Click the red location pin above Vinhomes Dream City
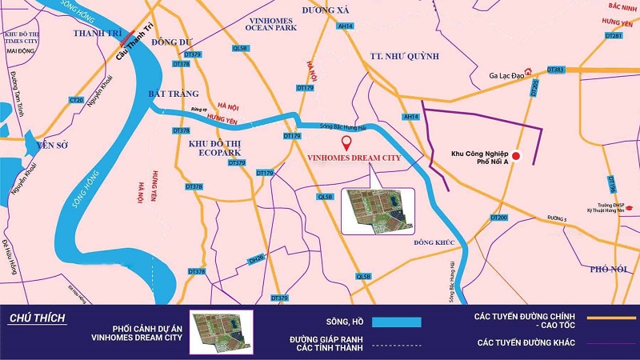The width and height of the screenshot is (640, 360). (346, 143)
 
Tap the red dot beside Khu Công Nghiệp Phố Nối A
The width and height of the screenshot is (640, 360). (516, 156)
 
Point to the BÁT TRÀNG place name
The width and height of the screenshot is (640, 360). (172, 94)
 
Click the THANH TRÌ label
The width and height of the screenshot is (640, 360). (95, 33)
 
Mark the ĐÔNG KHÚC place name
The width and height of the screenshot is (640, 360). (434, 242)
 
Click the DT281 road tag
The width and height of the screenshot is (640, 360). (614, 36)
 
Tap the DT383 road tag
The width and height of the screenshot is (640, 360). (556, 70)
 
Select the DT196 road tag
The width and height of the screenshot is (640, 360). (612, 185)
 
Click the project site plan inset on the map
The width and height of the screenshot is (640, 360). (378, 210)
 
